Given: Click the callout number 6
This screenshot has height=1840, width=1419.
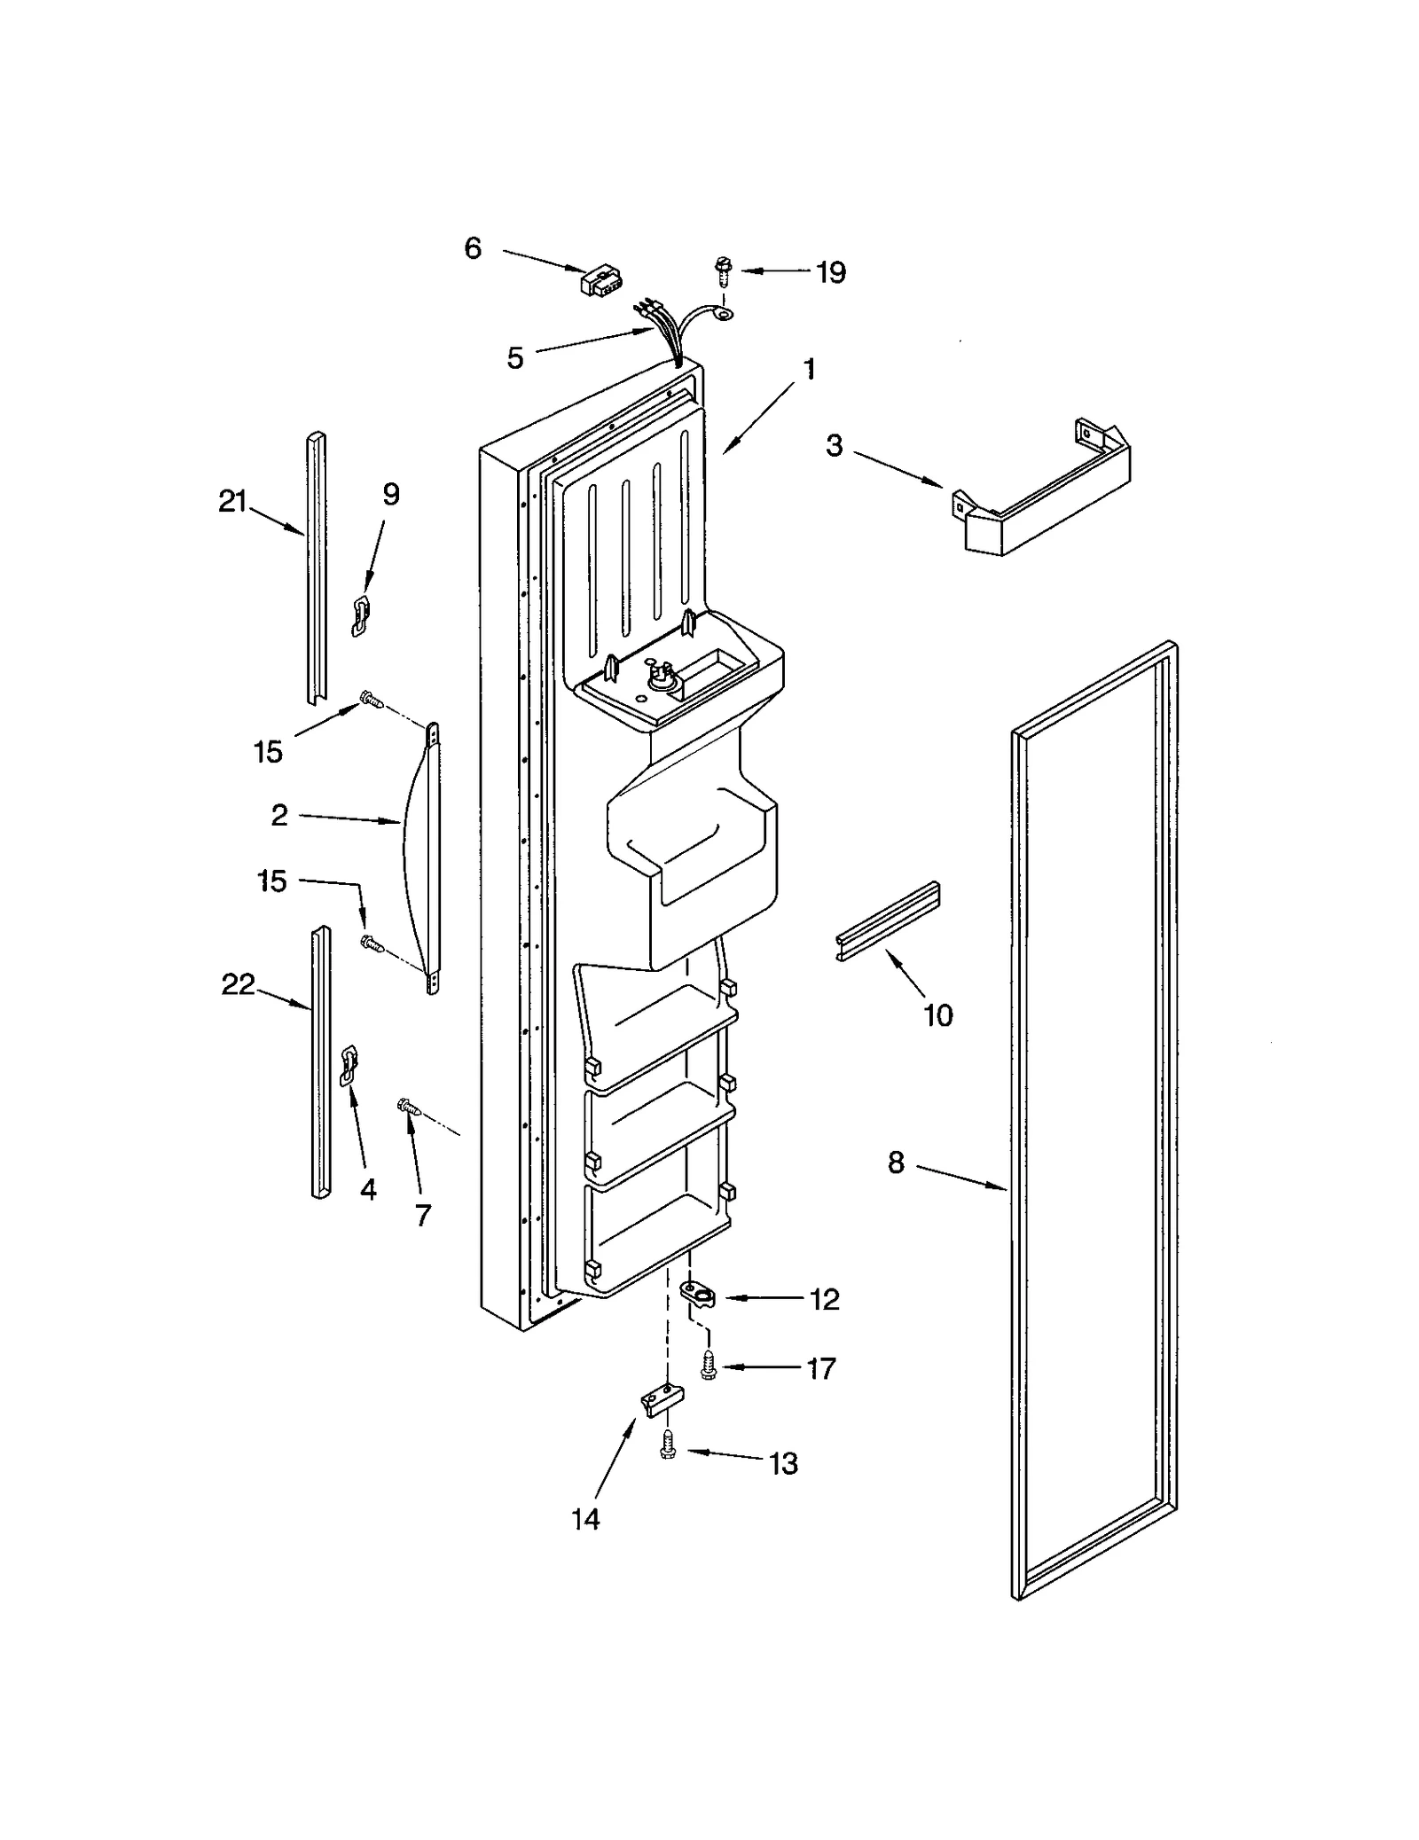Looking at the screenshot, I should click(473, 248).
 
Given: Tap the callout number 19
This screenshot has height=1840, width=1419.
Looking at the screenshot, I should click(830, 272).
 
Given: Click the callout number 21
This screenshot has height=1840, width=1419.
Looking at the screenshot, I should click(232, 502).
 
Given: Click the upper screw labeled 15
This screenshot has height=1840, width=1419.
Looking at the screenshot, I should click(371, 701).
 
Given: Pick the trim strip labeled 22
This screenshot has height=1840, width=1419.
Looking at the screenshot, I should click(320, 1064).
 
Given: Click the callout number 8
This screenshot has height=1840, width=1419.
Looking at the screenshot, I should click(896, 1163).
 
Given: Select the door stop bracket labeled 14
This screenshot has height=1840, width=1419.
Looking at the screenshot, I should click(663, 1401).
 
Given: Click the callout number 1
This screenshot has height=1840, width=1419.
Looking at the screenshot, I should click(809, 369).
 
